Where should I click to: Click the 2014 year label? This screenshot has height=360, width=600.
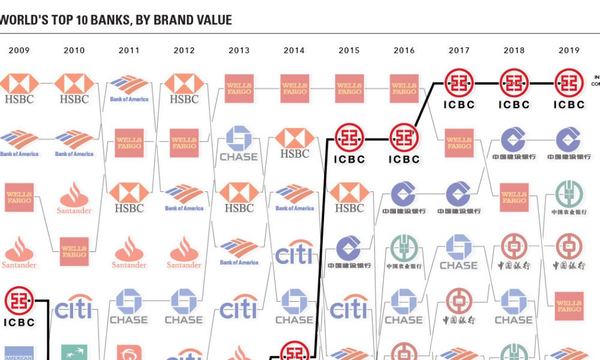point(294,50)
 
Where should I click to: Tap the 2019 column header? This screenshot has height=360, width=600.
point(569,50)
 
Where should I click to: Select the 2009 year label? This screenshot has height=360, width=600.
point(19,50)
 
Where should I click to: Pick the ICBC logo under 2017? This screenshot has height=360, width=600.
point(459,88)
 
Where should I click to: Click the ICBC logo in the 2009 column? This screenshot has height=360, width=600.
point(19,307)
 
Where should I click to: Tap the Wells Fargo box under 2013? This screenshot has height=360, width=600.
point(239,88)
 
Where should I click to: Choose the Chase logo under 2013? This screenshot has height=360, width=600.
point(239,143)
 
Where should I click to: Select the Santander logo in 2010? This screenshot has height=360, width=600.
point(74,199)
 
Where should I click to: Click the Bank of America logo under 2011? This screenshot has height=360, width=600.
point(129,88)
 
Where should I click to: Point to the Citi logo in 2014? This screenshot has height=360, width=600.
point(294,253)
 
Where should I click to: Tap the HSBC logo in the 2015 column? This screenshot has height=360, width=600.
point(349,198)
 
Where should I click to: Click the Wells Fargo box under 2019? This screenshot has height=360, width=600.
point(569,307)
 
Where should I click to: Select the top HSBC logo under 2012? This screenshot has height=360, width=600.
point(184,88)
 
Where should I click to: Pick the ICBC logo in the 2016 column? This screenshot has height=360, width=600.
point(404,143)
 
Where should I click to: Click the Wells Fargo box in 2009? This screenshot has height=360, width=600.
point(19,197)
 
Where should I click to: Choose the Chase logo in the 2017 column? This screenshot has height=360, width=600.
point(459,252)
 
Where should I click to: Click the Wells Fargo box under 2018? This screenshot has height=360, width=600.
point(514,197)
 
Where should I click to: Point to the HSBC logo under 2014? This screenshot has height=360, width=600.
point(294,143)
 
